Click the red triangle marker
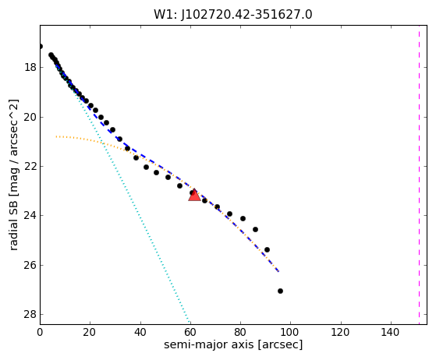click(x=194, y=195)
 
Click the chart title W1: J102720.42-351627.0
click(x=233, y=15)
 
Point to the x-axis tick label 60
click(x=190, y=332)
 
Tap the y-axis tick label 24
click(x=30, y=215)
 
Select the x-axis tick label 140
click(x=391, y=332)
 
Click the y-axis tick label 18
click(x=30, y=67)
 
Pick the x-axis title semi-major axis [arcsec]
click(x=233, y=344)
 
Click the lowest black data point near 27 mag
click(x=280, y=291)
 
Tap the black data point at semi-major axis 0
click(x=41, y=47)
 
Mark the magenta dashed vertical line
click(x=419, y=175)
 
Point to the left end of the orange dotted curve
click(x=56, y=136)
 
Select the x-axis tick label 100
click(x=291, y=332)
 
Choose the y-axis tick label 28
click(x=30, y=314)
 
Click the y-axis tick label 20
click(x=30, y=117)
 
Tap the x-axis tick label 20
click(x=90, y=332)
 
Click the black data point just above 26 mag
click(x=267, y=249)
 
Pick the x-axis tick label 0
click(x=40, y=332)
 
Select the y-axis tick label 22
click(x=30, y=166)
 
